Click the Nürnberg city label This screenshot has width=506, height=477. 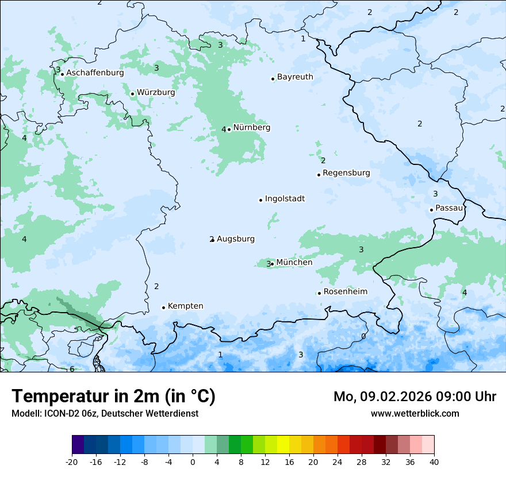(x=251, y=128)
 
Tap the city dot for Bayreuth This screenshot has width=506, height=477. (x=273, y=79)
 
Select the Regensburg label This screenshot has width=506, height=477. (x=346, y=173)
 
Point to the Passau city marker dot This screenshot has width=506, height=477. (x=431, y=210)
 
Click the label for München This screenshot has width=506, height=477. (x=294, y=263)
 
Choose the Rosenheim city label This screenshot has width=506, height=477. (x=345, y=292)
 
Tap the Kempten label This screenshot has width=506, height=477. (x=185, y=306)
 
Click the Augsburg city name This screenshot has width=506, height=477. (x=235, y=239)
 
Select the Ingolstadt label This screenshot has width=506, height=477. (x=285, y=199)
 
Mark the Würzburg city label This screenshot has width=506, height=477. (x=156, y=93)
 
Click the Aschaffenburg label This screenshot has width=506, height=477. (x=95, y=73)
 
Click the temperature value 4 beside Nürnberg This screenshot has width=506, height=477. (x=224, y=130)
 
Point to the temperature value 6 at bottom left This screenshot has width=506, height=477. (x=72, y=369)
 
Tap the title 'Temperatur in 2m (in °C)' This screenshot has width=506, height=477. (x=113, y=397)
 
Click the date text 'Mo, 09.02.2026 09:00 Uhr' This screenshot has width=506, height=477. (x=415, y=397)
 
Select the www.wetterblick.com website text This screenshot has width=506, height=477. (x=415, y=413)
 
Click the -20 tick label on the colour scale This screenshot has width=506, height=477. (x=72, y=461)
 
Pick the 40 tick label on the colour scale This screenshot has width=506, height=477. (x=434, y=461)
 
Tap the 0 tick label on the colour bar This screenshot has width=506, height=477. (x=193, y=461)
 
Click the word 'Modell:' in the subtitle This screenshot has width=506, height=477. (x=25, y=414)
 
